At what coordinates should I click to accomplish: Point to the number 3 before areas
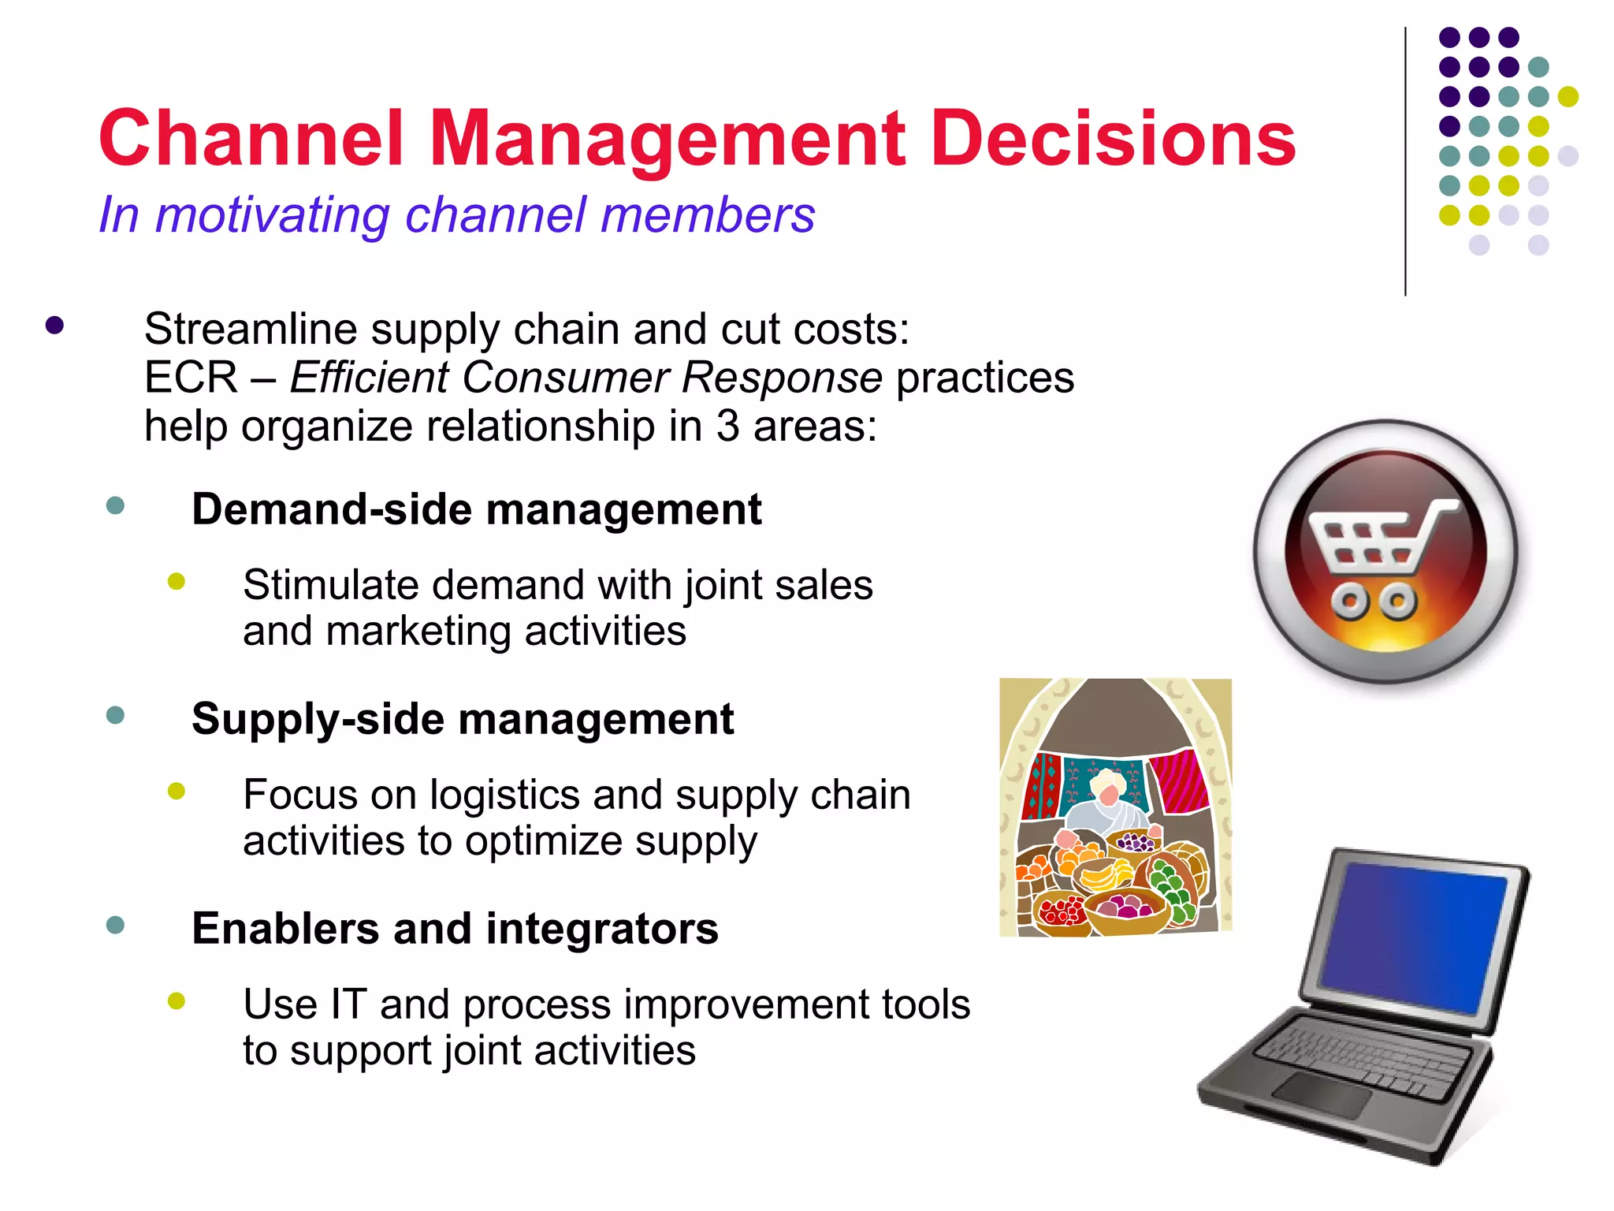click(x=728, y=427)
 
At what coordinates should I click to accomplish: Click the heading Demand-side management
click(x=476, y=509)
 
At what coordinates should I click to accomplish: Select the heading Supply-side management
click(x=463, y=719)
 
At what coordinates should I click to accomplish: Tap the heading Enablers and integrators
click(x=455, y=929)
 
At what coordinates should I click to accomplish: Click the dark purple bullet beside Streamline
click(x=54, y=326)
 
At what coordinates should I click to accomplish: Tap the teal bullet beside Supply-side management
click(x=115, y=715)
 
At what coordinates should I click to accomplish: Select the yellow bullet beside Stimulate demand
click(x=177, y=582)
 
